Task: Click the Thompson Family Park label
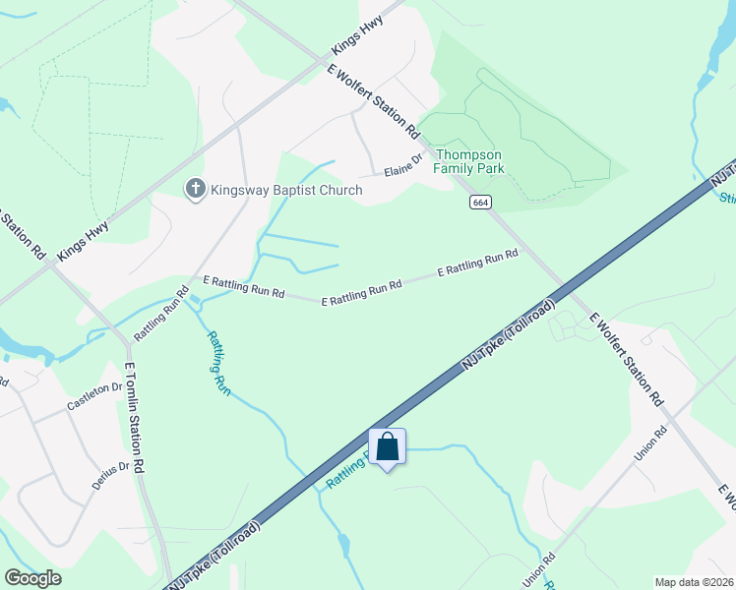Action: coord(469,162)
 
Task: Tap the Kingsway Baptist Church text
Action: coord(285,191)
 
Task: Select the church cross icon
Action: coord(196,189)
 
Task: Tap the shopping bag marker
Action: coord(388,447)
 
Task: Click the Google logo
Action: coord(32,578)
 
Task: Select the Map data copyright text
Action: coord(695,581)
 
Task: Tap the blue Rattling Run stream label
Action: coord(217,363)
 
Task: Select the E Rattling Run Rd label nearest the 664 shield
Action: coord(477,263)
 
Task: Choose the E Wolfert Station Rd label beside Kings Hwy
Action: coord(374,98)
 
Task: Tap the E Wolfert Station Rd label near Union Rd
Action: coord(626,361)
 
